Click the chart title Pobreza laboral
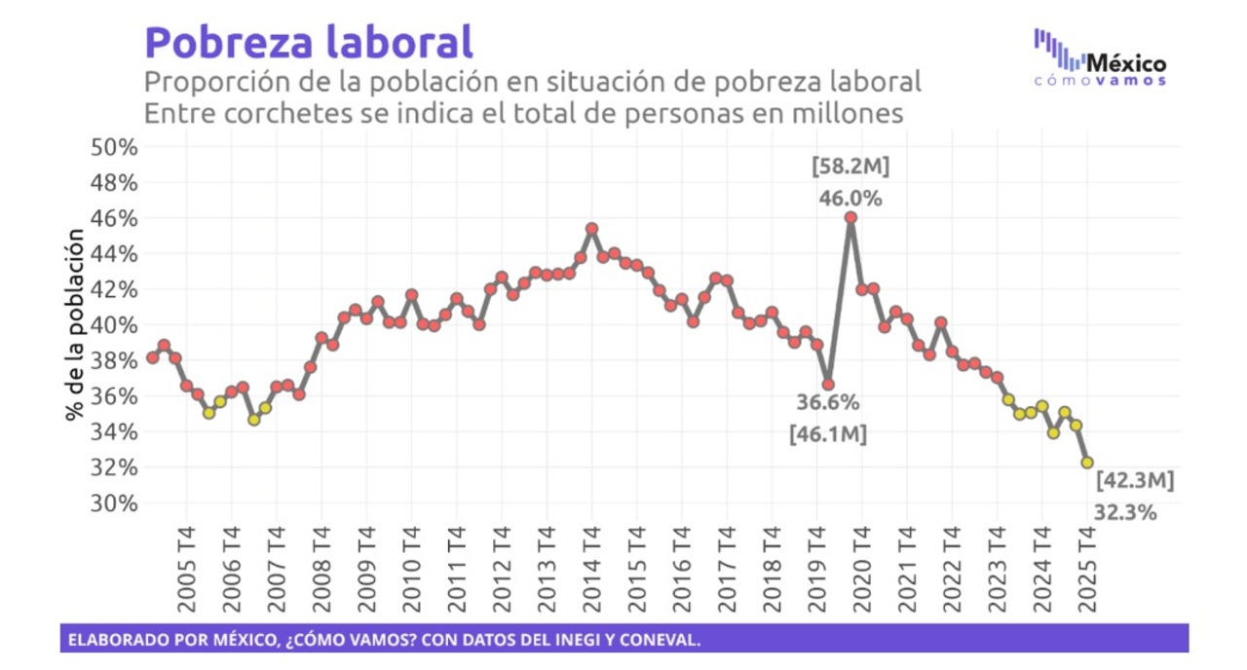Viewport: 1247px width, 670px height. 309,42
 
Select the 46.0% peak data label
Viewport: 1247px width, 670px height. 850,199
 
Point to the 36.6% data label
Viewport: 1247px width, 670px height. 828,402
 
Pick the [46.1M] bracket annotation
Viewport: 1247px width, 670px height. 827,434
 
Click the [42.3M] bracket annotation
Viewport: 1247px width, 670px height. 1135,480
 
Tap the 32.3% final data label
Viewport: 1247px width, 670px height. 1125,512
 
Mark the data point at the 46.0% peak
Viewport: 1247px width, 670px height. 850,218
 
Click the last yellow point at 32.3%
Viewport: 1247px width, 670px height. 1087,463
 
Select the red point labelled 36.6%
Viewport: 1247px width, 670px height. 828,385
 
